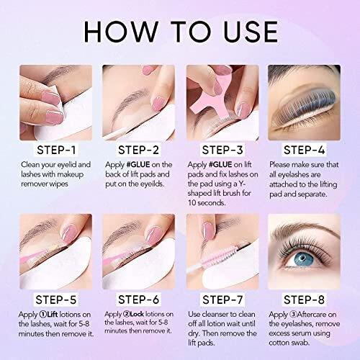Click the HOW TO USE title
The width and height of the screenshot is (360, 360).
click(x=181, y=32)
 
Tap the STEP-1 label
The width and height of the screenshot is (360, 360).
click(x=56, y=150)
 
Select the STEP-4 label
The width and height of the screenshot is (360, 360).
click(x=304, y=150)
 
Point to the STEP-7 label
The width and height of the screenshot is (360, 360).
click(x=222, y=300)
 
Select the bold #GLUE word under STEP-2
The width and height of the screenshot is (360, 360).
click(x=138, y=165)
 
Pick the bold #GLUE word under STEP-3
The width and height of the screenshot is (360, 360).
click(x=220, y=165)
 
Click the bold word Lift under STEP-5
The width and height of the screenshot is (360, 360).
click(x=52, y=315)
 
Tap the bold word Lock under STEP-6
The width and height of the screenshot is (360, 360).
click(x=137, y=314)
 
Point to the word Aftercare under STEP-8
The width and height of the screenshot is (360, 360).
click(x=311, y=315)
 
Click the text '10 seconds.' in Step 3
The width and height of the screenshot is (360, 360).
click(x=207, y=203)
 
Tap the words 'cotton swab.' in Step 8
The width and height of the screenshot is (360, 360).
click(x=289, y=343)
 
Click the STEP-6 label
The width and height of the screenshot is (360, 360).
click(x=139, y=300)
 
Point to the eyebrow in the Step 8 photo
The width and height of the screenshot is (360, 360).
click(x=306, y=229)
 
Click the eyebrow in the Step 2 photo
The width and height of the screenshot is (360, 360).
click(x=132, y=99)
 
